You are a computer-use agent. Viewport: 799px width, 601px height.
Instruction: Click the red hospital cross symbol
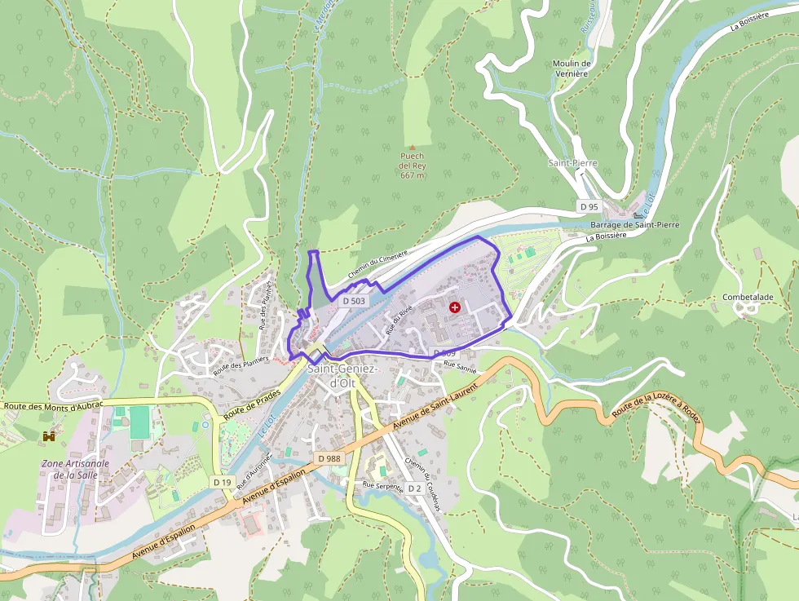455,307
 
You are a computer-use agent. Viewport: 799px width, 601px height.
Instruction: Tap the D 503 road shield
354,301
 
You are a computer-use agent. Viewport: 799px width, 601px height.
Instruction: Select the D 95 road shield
589,207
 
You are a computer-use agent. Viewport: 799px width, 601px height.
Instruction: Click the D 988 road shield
329,458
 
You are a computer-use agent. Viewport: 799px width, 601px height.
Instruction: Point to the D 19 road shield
222,483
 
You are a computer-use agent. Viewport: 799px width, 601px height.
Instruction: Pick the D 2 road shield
414,488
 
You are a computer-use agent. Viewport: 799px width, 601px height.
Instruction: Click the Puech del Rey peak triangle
413,147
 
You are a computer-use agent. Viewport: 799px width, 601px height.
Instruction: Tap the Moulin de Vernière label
571,68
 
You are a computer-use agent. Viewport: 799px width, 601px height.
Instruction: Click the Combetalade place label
748,298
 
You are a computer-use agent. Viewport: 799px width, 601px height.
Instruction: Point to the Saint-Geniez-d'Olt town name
342,376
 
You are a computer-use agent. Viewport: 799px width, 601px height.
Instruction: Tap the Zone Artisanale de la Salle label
74,469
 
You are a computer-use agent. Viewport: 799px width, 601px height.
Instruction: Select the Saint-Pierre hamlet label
572,163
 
